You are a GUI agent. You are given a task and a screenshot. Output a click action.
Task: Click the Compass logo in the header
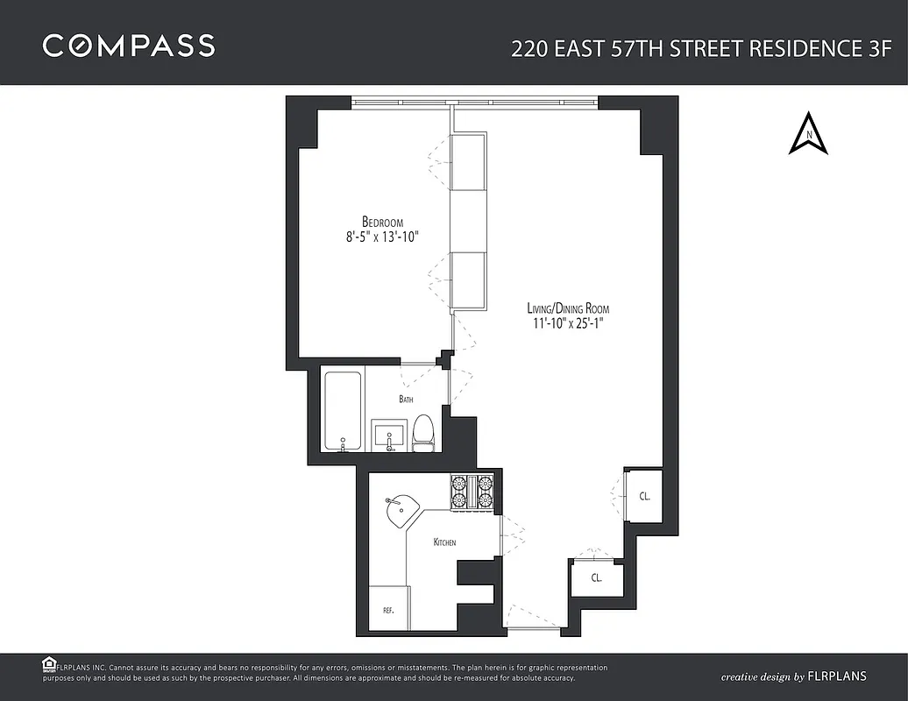click(x=129, y=46)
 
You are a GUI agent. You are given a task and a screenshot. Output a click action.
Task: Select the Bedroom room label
click(x=382, y=221)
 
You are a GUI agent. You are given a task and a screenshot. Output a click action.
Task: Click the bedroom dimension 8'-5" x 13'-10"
click(x=382, y=237)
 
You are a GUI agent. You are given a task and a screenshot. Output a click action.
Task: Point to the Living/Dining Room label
click(x=567, y=308)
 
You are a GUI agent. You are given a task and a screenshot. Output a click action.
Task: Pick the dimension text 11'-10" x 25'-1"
click(x=567, y=323)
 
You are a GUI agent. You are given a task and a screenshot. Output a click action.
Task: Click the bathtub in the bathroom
click(x=343, y=410)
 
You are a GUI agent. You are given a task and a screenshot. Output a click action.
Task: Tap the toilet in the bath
click(x=423, y=433)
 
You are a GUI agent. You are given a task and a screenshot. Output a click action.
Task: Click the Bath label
click(x=406, y=400)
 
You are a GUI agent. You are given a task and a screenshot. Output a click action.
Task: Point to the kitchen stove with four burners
click(x=472, y=492)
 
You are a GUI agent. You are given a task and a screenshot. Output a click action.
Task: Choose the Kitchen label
click(x=444, y=542)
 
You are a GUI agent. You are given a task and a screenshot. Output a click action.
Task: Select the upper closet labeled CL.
click(x=644, y=496)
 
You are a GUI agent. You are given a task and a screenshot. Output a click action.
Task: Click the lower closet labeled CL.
click(x=596, y=578)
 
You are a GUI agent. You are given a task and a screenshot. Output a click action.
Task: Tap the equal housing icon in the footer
click(x=50, y=664)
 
